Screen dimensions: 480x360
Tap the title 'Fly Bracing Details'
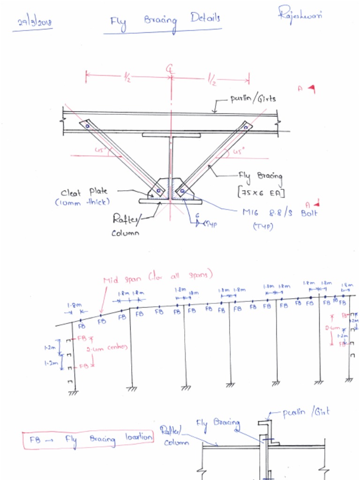[x=165, y=21]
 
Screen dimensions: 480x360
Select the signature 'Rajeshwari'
[x=300, y=15]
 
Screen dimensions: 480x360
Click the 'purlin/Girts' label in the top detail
[x=253, y=99]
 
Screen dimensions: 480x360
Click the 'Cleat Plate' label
[x=84, y=192]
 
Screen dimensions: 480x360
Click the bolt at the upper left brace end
[x=87, y=126]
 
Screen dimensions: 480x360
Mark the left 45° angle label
[x=100, y=150]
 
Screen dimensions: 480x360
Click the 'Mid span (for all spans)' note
[x=158, y=277]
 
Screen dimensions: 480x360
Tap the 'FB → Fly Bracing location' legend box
[x=89, y=439]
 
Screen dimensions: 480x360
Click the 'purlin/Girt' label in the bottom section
[x=306, y=412]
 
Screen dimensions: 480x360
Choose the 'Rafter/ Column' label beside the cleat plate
[x=126, y=224]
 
